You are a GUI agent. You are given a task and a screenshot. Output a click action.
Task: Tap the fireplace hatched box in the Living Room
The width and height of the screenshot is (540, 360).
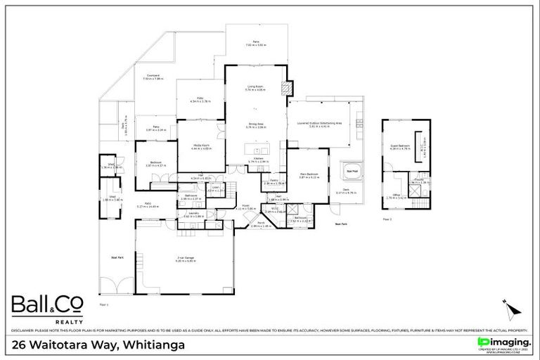click(x=285, y=89)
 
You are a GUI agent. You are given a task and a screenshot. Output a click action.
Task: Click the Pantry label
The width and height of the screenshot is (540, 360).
click(x=274, y=181)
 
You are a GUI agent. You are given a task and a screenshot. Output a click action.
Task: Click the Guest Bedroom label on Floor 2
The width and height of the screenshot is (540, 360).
click(x=400, y=147)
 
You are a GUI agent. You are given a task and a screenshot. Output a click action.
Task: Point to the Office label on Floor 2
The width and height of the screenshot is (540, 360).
click(x=396, y=195)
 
